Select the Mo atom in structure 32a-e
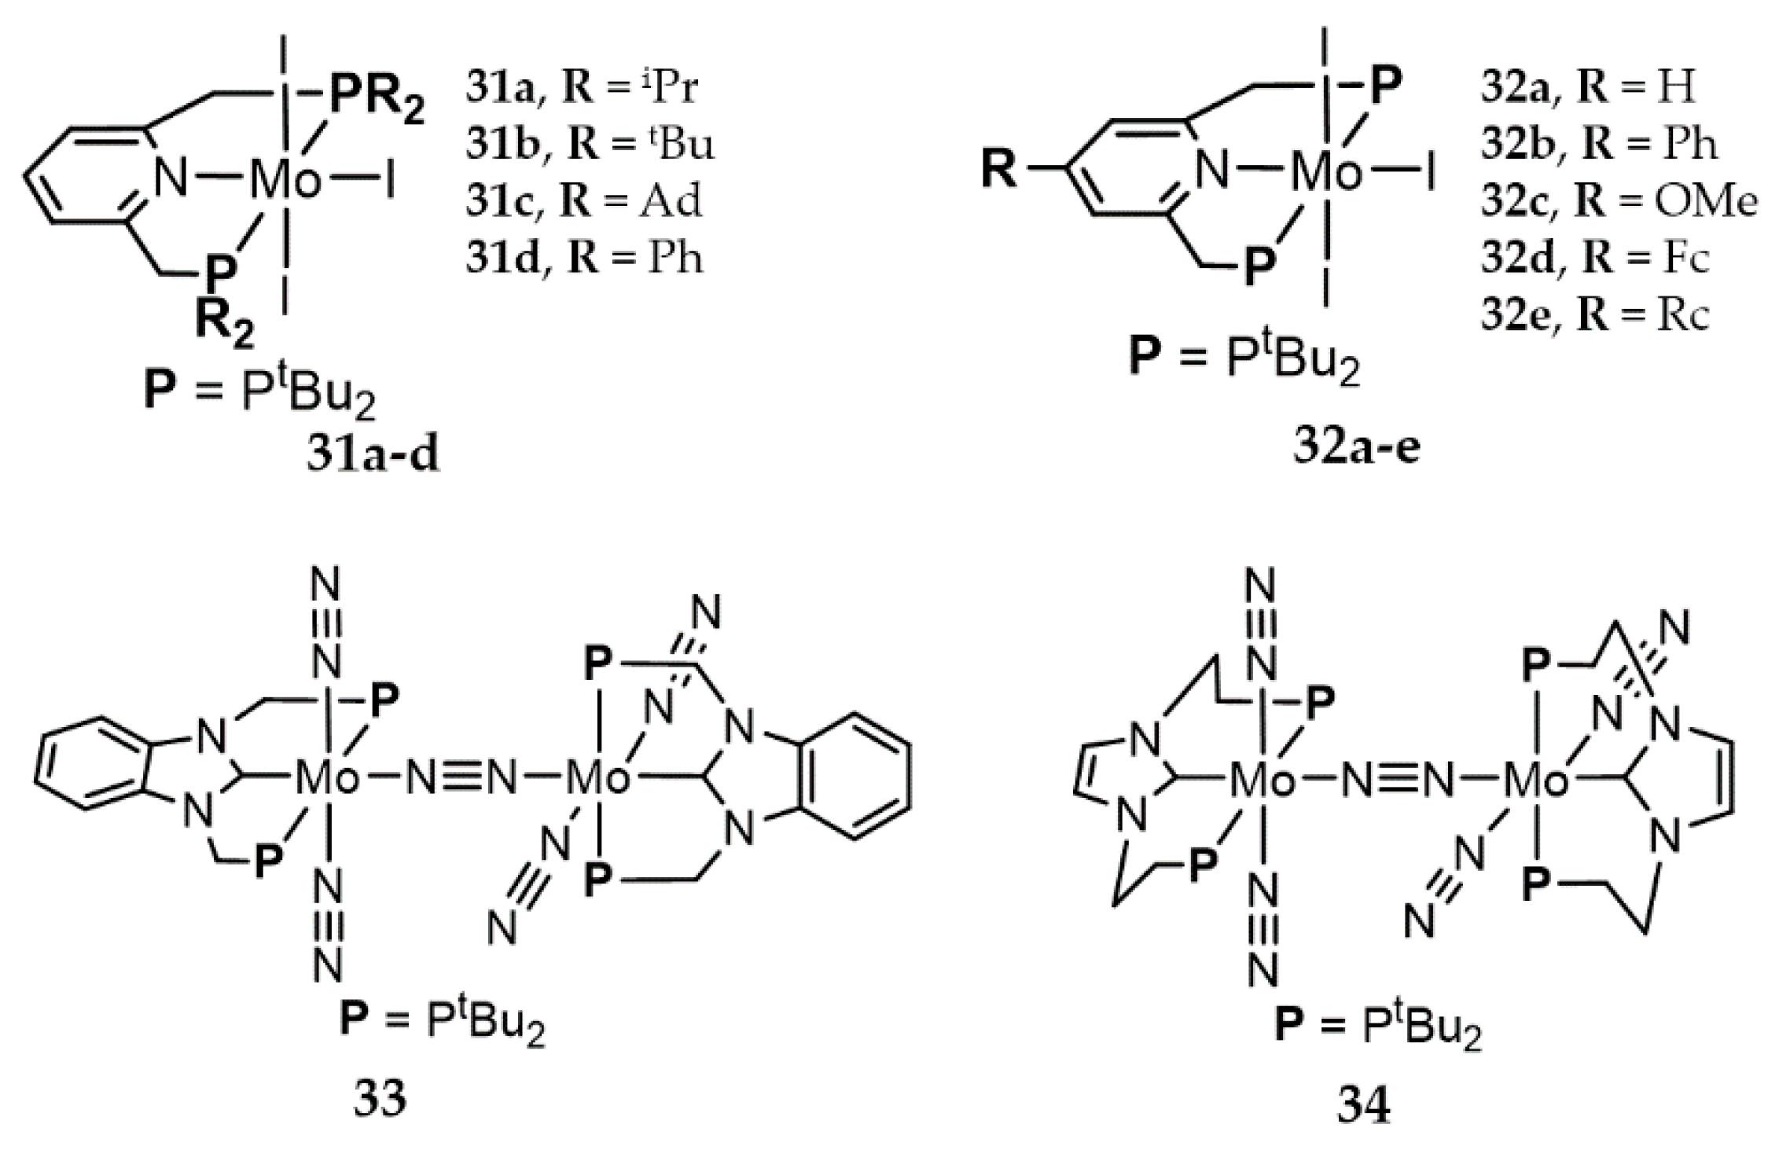click(1327, 171)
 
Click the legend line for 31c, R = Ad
click(583, 201)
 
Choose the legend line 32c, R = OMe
click(1618, 201)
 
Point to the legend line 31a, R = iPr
click(581, 88)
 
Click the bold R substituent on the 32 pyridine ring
click(999, 169)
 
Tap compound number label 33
click(380, 1097)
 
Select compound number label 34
click(1364, 1104)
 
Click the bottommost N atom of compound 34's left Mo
click(1263, 970)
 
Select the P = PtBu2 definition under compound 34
click(1377, 1029)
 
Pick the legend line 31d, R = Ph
click(583, 258)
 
